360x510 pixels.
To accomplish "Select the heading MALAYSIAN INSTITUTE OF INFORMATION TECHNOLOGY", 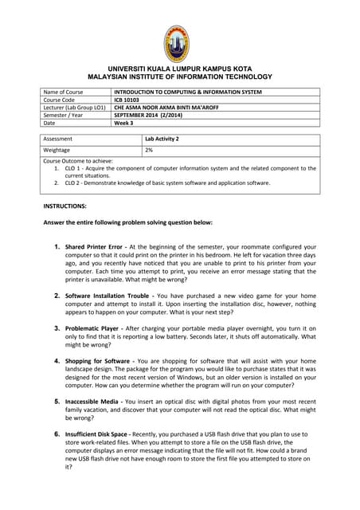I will click(179, 77).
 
